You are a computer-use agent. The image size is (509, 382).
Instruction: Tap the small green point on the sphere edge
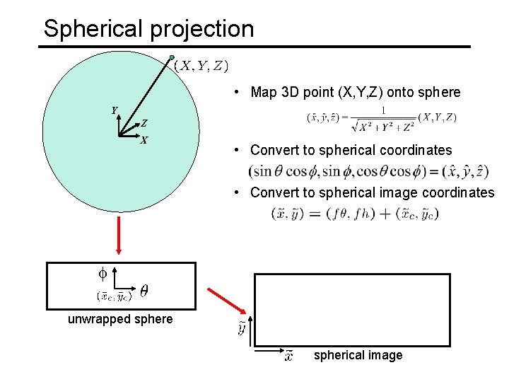pyautogui.click(x=171, y=57)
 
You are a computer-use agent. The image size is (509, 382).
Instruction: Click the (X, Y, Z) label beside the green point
pyautogui.click(x=201, y=66)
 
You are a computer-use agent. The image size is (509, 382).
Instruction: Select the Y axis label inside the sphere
pyautogui.click(x=114, y=110)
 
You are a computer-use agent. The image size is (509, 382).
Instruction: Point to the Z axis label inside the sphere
pyautogui.click(x=144, y=123)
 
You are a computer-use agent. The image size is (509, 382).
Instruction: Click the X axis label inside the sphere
pyautogui.click(x=144, y=140)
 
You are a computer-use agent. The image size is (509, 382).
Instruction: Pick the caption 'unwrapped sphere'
pyautogui.click(x=120, y=319)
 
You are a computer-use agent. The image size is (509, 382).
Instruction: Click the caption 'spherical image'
pyautogui.click(x=358, y=355)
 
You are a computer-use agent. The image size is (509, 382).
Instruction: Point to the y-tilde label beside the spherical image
pyautogui.click(x=242, y=329)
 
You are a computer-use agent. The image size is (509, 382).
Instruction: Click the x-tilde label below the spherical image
pyautogui.click(x=288, y=355)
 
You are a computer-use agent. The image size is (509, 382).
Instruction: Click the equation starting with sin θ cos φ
pyautogui.click(x=368, y=171)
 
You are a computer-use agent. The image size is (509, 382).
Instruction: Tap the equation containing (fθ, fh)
pyautogui.click(x=355, y=213)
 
